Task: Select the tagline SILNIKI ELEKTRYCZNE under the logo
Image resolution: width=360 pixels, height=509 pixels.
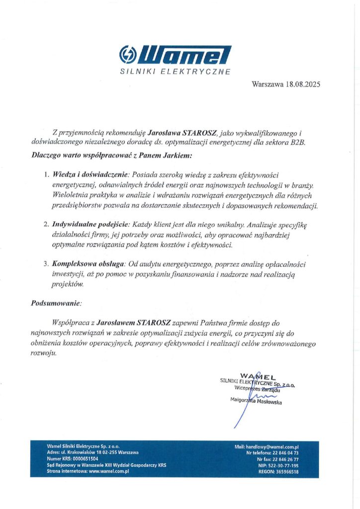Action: point(176,72)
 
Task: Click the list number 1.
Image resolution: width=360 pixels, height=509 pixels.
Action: point(46,175)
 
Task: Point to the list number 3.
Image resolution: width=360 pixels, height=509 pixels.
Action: point(46,263)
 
